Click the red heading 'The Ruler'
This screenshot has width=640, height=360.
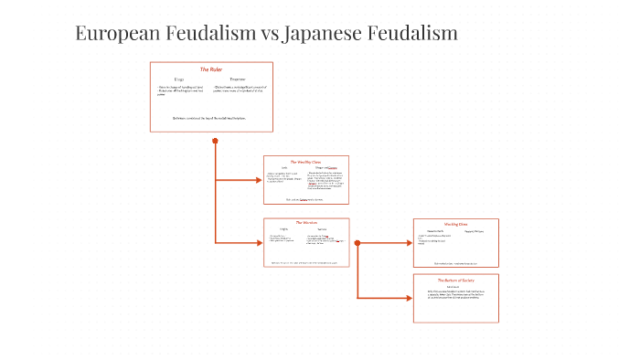coord(211,69)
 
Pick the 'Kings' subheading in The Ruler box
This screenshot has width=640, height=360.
coord(179,79)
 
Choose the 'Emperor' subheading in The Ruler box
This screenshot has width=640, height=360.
coord(237,79)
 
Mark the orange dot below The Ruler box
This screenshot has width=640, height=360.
coord(215,141)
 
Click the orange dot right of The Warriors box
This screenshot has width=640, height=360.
coord(357,243)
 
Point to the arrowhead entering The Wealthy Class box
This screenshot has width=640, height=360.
coord(259,180)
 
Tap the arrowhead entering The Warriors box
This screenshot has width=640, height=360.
coord(259,242)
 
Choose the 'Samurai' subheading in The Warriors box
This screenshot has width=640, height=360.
coord(322,228)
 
